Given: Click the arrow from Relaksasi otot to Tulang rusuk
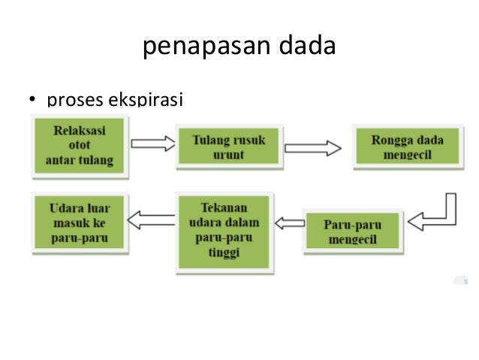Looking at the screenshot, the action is tap(152, 144).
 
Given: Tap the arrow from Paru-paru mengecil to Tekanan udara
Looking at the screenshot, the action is tap(290, 222).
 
